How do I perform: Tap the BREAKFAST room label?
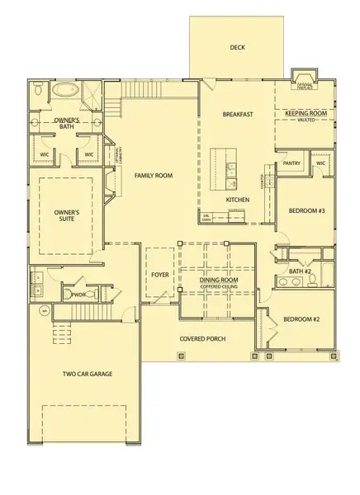click(x=237, y=115)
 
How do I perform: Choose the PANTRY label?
click(x=291, y=163)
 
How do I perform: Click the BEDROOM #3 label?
click(x=306, y=210)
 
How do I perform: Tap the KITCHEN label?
click(x=238, y=200)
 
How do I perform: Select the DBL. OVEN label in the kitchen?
click(x=207, y=218)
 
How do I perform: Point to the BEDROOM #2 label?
click(x=301, y=318)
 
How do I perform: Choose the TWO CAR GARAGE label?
click(x=87, y=374)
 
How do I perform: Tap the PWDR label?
click(x=79, y=294)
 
